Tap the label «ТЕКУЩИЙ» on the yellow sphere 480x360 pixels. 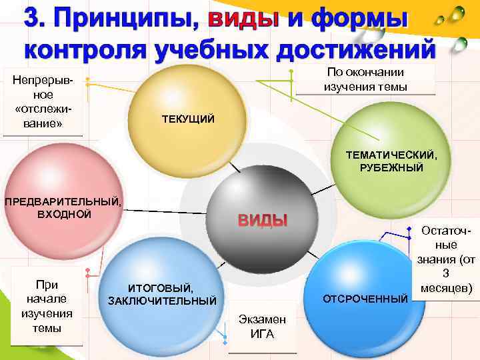pyautogui.click(x=188, y=119)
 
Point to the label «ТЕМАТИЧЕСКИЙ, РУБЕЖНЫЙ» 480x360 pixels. pyautogui.click(x=391, y=161)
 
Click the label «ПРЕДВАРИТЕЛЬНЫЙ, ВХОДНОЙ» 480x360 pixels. pyautogui.click(x=64, y=207)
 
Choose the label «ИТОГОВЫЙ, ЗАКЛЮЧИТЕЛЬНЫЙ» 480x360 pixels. pyautogui.click(x=162, y=294)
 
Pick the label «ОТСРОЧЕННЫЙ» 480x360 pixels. pyautogui.click(x=365, y=297)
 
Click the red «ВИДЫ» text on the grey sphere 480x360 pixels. pyautogui.click(x=263, y=220)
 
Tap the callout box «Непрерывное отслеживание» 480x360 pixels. pyautogui.click(x=43, y=104)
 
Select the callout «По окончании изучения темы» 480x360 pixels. pyautogui.click(x=365, y=80)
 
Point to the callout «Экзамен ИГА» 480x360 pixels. pyautogui.click(x=262, y=327)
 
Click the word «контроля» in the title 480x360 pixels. pyautogui.click(x=91, y=51)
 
